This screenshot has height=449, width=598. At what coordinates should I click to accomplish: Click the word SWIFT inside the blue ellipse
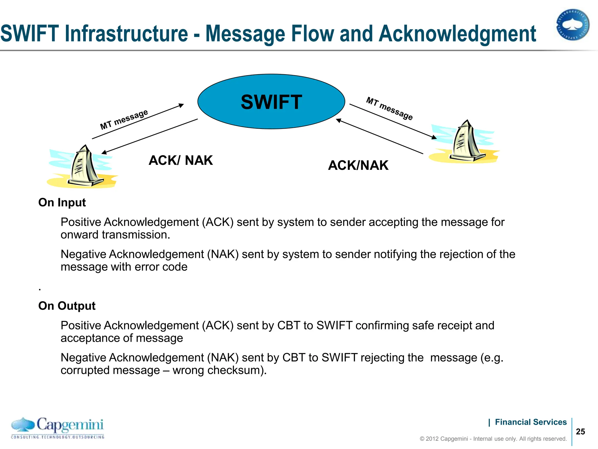click(x=271, y=102)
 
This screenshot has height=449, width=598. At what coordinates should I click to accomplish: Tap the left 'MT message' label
click(x=124, y=120)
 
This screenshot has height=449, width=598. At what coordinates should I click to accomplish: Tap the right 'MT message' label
click(x=390, y=108)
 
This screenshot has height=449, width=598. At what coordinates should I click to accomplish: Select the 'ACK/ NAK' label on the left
click(x=181, y=160)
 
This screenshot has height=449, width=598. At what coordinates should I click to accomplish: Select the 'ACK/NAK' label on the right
click(x=358, y=165)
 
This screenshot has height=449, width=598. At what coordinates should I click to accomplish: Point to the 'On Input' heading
click(x=62, y=203)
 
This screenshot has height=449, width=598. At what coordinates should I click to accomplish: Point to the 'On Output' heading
click(x=67, y=306)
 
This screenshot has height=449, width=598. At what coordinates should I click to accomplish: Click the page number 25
click(x=580, y=432)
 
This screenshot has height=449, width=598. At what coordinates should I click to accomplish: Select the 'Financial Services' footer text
click(x=531, y=422)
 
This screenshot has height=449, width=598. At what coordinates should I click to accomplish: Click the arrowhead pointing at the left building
click(x=104, y=152)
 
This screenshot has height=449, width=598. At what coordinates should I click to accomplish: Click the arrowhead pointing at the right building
click(x=434, y=137)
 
